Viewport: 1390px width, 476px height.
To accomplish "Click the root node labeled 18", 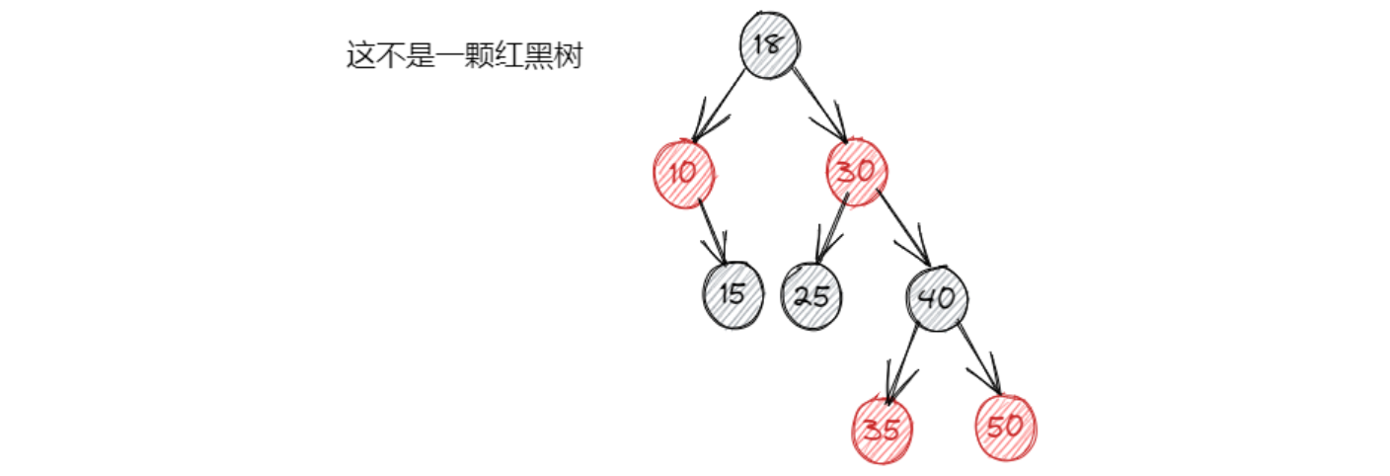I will (x=770, y=45).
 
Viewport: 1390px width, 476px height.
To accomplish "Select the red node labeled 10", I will (x=683, y=173).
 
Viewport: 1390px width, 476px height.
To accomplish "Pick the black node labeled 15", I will (x=733, y=294).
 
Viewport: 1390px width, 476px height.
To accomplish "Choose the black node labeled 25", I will (x=811, y=295).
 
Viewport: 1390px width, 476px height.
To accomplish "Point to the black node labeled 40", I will (x=937, y=296).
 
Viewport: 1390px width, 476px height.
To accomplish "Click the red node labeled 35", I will (x=882, y=430).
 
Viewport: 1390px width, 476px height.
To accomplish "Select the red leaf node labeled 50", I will (x=1006, y=428).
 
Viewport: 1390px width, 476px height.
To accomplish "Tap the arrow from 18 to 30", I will (x=818, y=104).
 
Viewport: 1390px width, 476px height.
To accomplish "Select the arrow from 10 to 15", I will (x=714, y=232).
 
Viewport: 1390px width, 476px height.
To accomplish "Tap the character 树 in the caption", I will (x=570, y=56).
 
